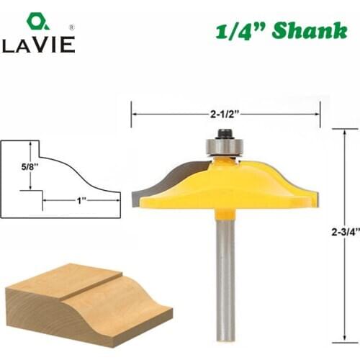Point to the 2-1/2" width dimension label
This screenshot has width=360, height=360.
tap(225, 112)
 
